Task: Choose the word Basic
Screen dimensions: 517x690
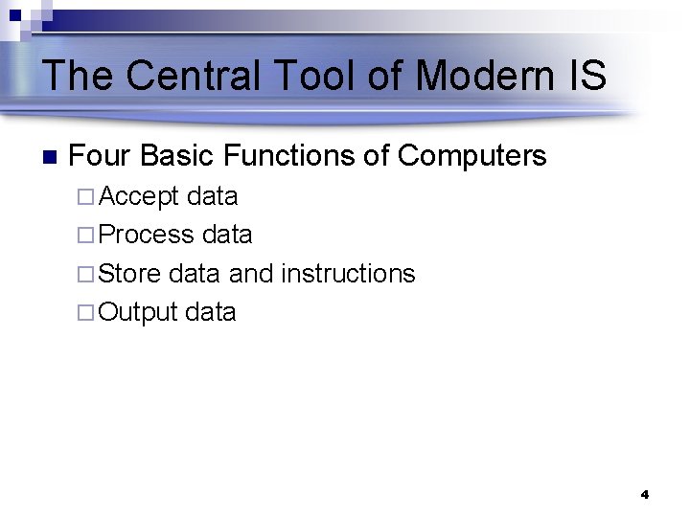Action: click(182, 155)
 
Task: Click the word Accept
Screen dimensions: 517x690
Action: click(139, 197)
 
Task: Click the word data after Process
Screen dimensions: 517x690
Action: click(227, 235)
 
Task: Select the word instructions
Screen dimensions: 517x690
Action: click(348, 274)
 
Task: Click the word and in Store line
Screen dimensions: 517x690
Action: click(251, 274)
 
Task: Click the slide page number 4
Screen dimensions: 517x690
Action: click(644, 495)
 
